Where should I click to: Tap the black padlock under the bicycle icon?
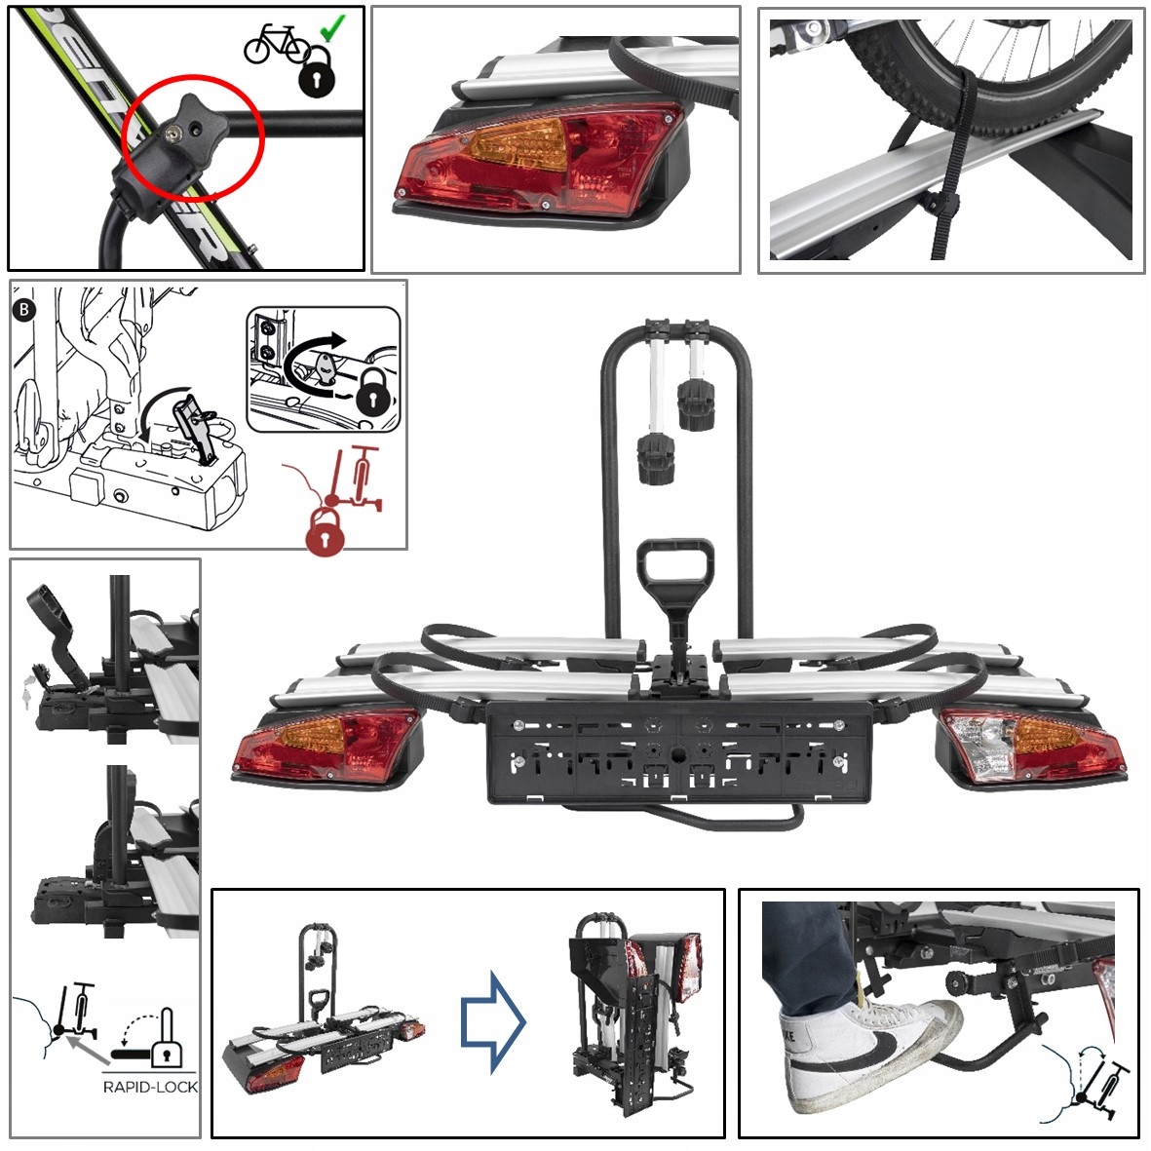(316, 74)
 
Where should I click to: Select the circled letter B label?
(23, 310)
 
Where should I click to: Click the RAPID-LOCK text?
(150, 1087)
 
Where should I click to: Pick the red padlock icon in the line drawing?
(326, 533)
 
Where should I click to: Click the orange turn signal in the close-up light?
(516, 144)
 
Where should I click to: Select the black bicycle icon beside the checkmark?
(275, 43)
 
